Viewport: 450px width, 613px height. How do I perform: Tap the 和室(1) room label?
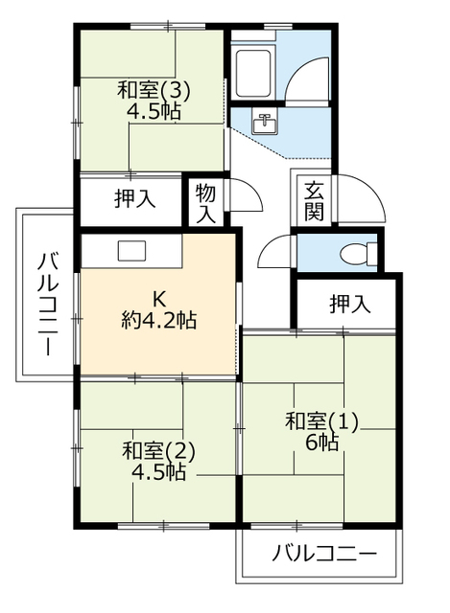click(x=320, y=420)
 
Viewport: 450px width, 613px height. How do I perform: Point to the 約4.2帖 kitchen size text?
click(x=158, y=321)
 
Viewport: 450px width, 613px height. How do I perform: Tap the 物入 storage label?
click(x=206, y=203)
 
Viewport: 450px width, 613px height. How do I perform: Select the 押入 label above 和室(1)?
click(x=349, y=305)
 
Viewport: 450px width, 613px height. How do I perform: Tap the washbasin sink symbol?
click(x=265, y=123)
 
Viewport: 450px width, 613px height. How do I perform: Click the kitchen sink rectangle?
click(x=130, y=250)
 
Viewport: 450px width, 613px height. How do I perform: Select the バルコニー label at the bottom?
click(x=323, y=554)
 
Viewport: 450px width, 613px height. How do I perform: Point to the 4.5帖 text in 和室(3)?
click(x=154, y=112)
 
